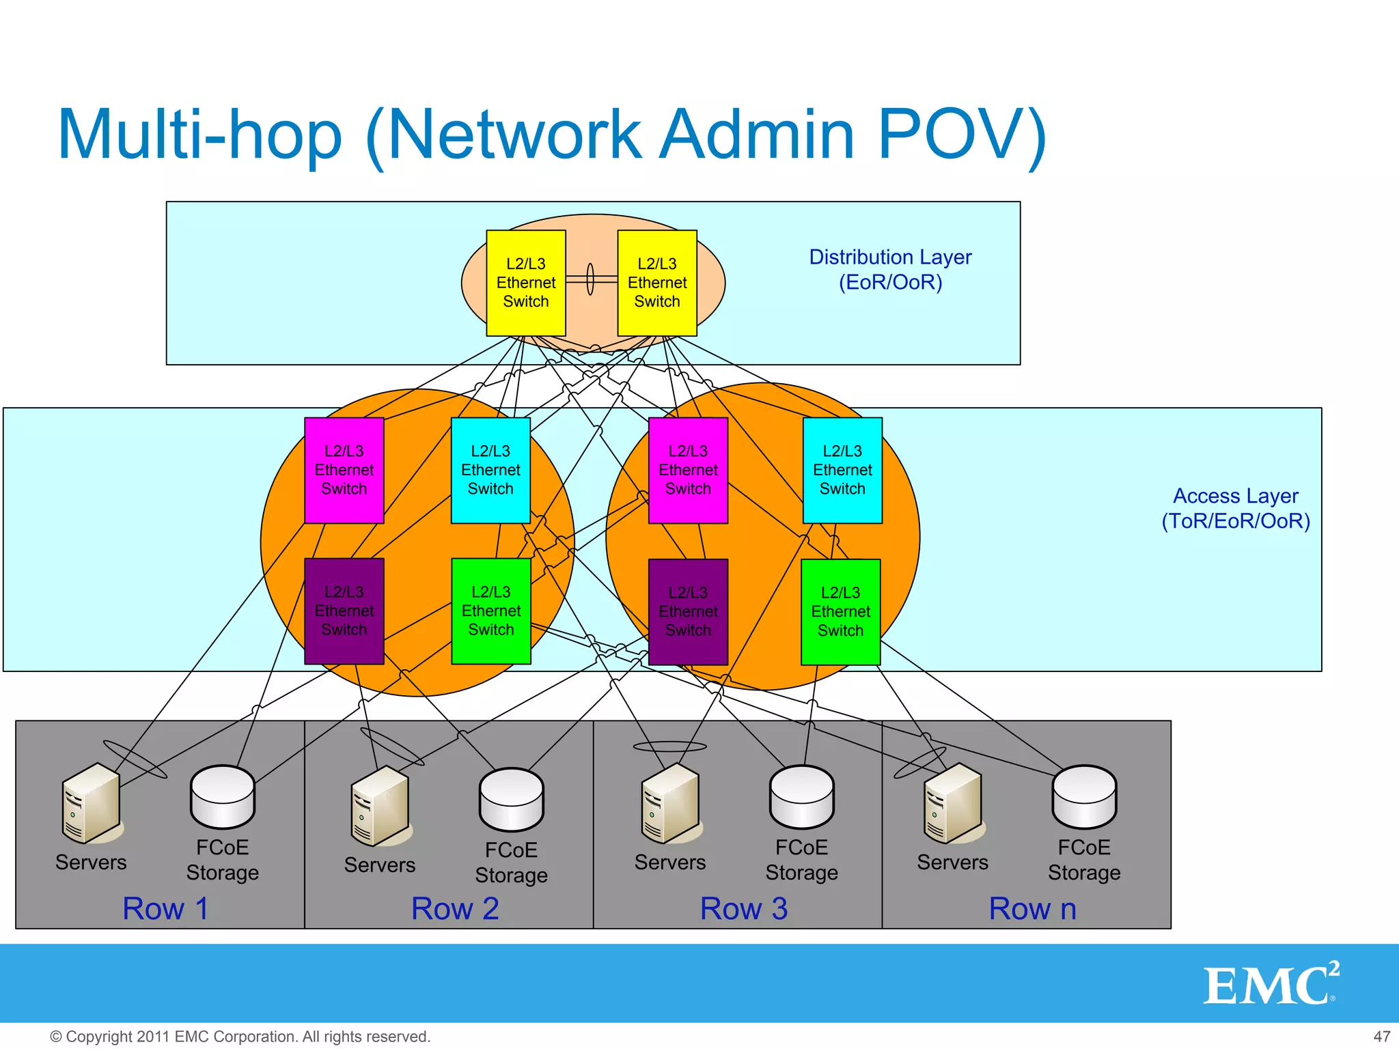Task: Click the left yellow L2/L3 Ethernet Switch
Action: tap(525, 283)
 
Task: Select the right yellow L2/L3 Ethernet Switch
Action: tap(656, 283)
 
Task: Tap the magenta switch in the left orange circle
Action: tap(344, 470)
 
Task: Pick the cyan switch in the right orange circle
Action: tap(842, 470)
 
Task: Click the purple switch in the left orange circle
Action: tap(344, 611)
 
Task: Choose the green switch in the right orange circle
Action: tap(840, 611)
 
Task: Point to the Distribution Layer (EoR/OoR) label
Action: tap(889, 269)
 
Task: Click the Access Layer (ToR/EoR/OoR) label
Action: tap(1235, 508)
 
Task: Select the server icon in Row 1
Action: tap(92, 803)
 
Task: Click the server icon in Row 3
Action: tap(671, 803)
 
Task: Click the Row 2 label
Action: tap(455, 909)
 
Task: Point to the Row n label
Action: tap(1032, 909)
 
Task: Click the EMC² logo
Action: tap(1270, 984)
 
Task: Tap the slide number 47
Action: tap(1381, 1037)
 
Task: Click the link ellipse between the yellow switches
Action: tap(591, 279)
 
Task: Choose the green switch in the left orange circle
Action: tap(490, 611)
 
